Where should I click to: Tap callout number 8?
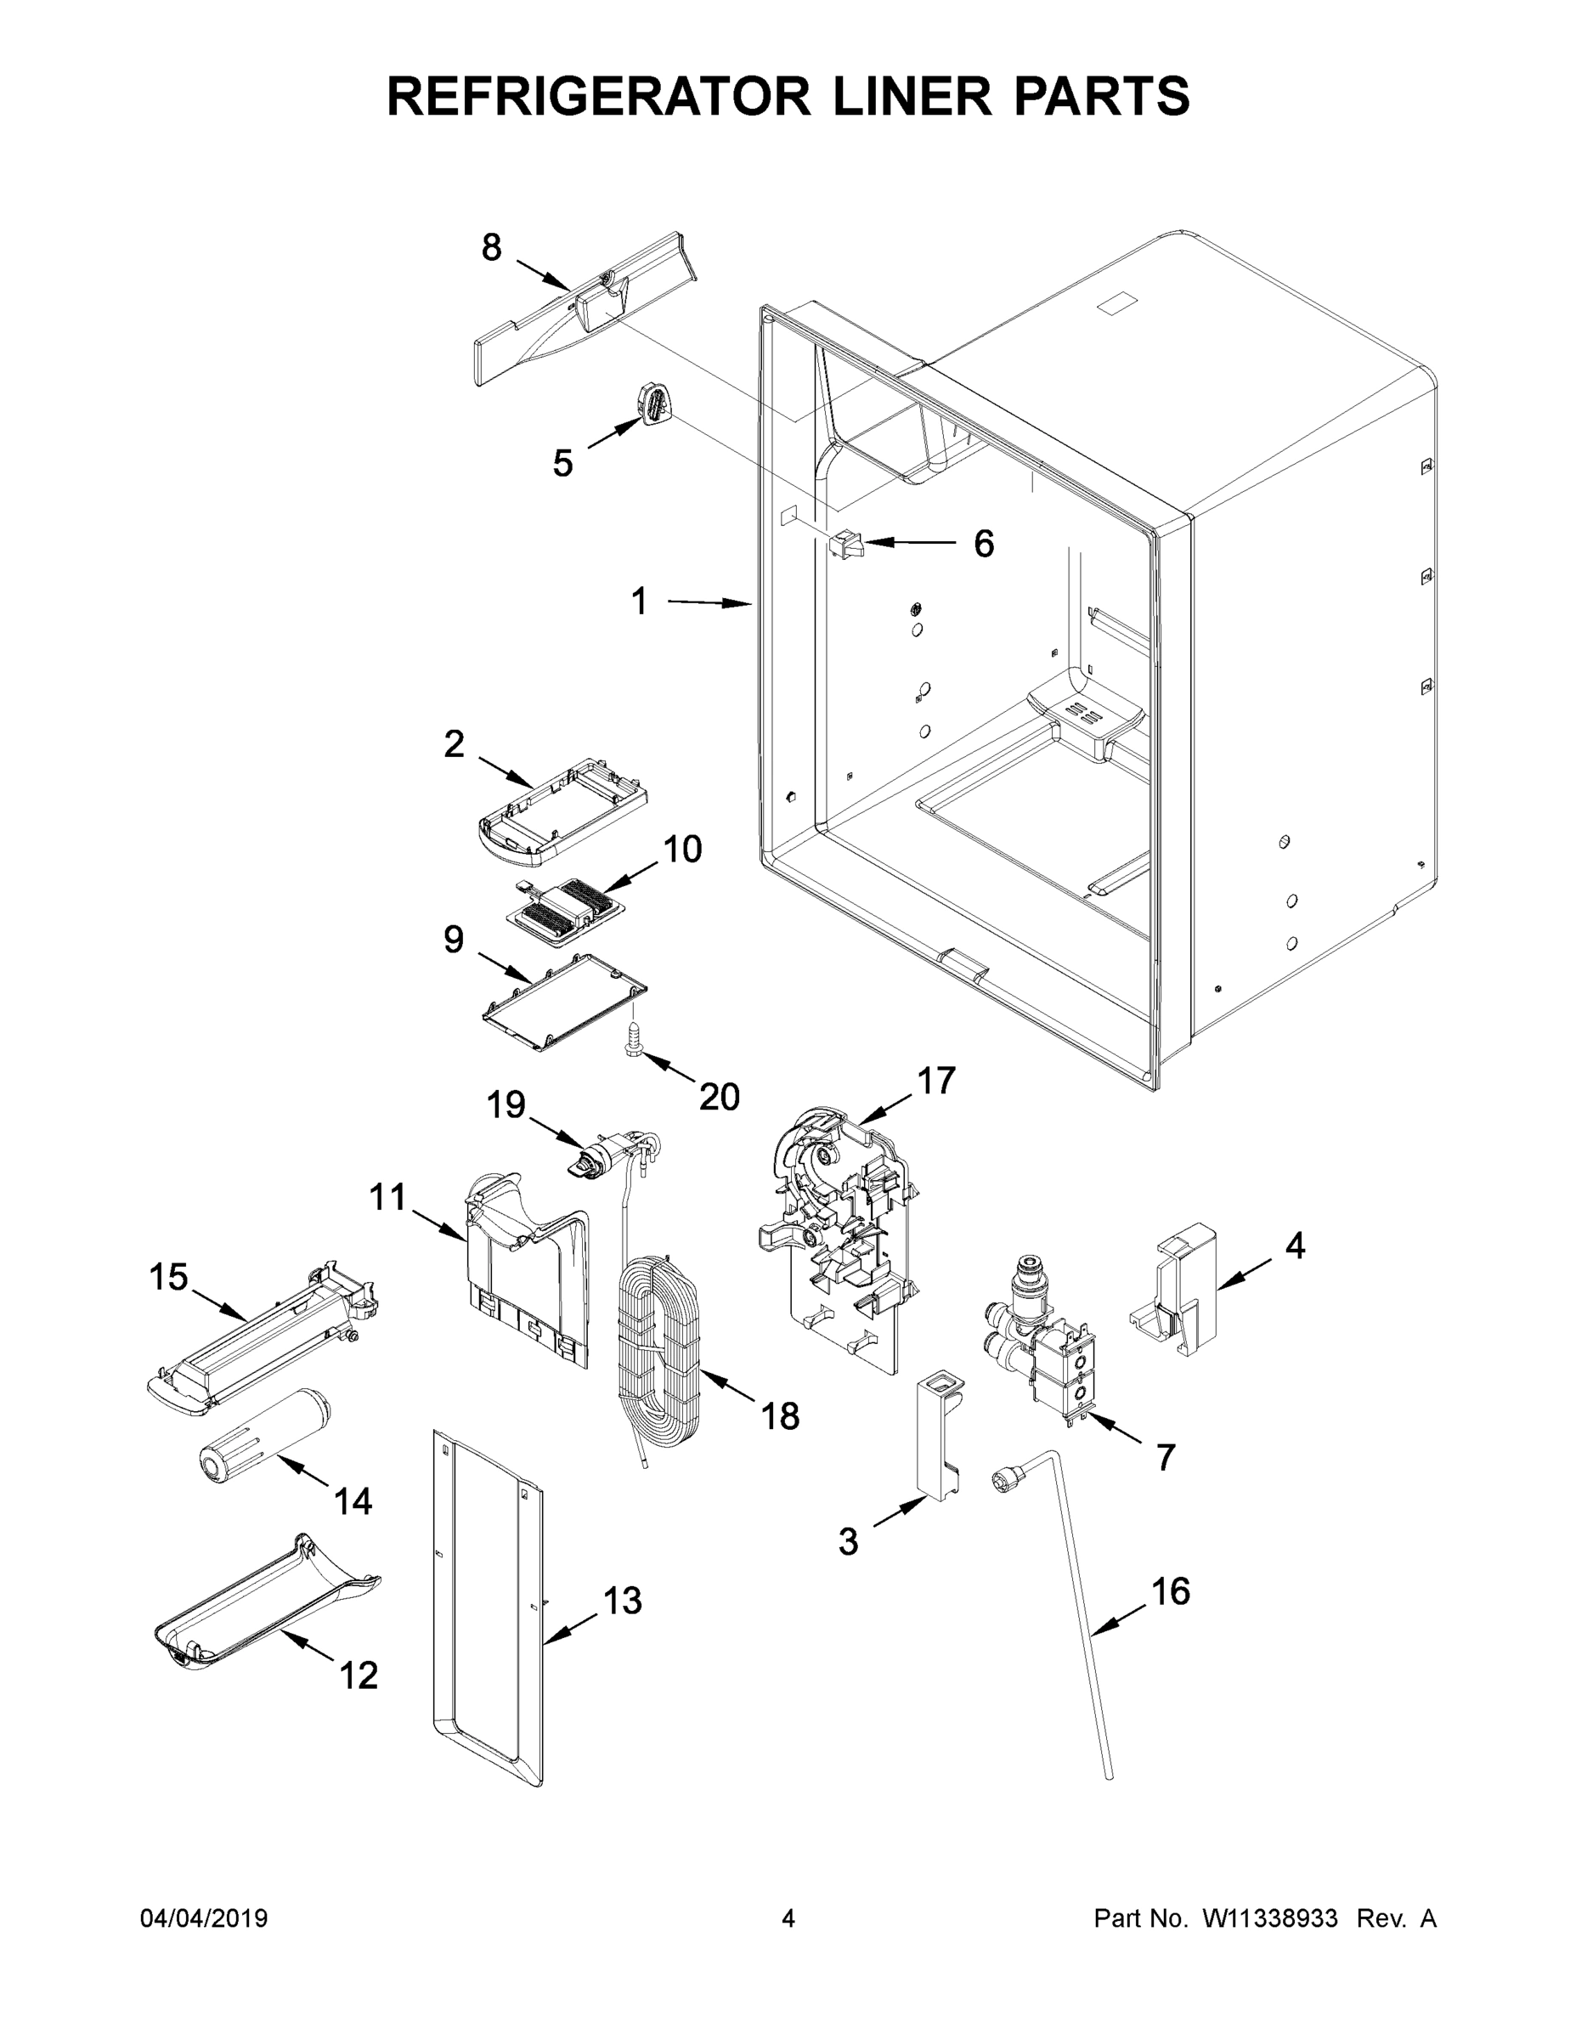click(491, 247)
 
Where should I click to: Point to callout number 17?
click(935, 1080)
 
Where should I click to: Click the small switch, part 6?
click(846, 544)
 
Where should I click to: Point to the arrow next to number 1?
click(709, 603)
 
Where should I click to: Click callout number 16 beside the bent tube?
click(1170, 1592)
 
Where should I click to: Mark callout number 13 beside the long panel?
click(622, 1601)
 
